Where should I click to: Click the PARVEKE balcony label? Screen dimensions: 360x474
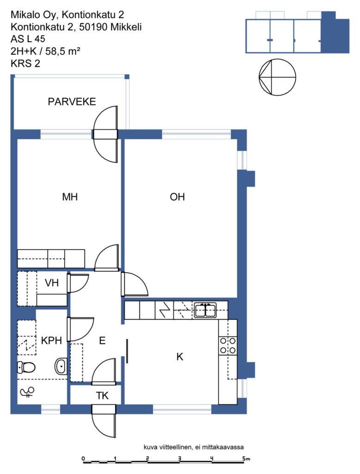pos(72,101)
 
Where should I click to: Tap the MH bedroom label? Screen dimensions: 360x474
pos(70,197)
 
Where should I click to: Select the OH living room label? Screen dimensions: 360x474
pos(177,197)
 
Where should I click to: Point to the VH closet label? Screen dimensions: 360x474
pos(51,283)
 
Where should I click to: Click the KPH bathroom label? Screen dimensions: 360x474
pos(51,341)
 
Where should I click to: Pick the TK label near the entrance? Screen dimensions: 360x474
pos(102,396)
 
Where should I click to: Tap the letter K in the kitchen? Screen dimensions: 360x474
pos(180,357)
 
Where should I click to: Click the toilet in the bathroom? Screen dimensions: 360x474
pos(26,368)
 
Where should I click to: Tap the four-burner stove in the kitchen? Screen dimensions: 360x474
pos(228,345)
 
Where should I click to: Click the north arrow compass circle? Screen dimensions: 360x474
pos(278,77)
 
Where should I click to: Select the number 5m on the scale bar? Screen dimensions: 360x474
pos(246,459)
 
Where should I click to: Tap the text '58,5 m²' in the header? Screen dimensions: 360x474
pos(63,51)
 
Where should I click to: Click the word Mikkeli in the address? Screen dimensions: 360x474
pos(126,27)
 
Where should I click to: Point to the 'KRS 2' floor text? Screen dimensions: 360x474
pos(25,63)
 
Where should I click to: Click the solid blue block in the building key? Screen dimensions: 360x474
pos(335,33)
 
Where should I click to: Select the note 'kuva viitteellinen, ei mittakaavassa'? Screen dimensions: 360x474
pos(194,447)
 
